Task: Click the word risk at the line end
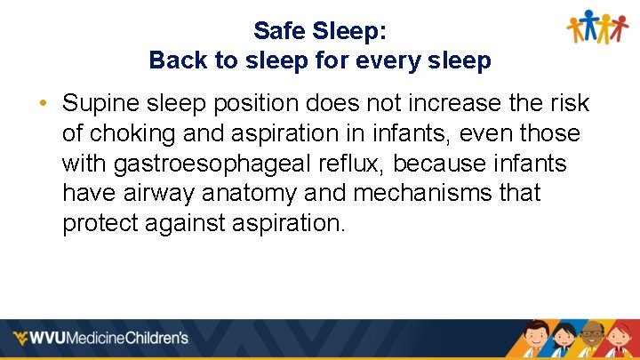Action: (x=569, y=104)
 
